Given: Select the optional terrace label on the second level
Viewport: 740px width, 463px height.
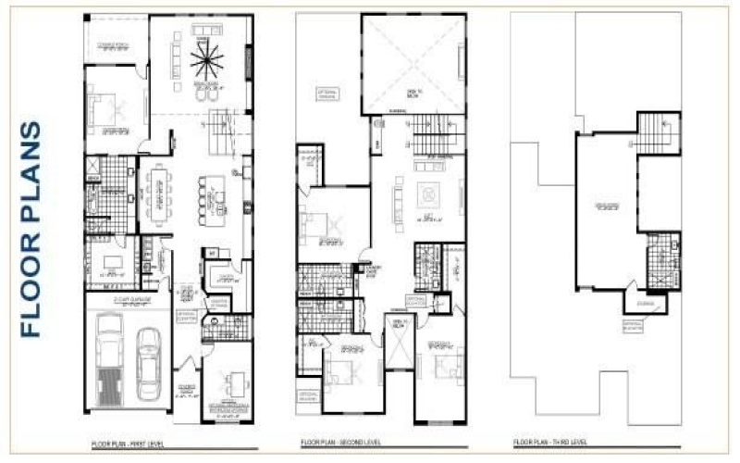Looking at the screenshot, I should (x=327, y=95).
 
